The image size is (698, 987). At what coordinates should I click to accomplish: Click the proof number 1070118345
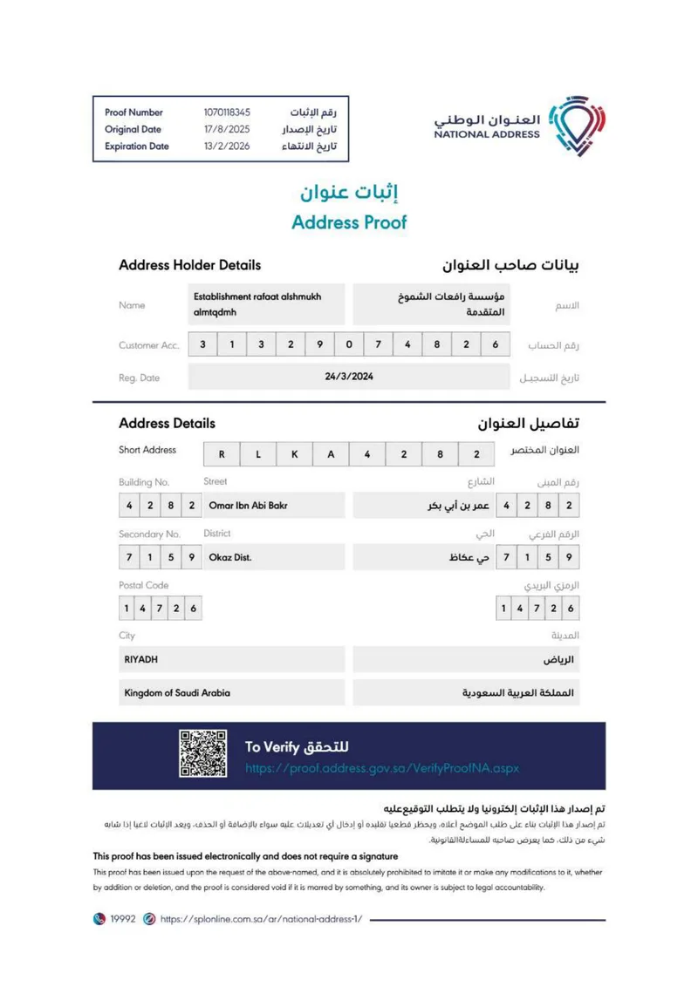(x=227, y=112)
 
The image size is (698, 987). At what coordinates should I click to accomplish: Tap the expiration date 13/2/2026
(x=226, y=146)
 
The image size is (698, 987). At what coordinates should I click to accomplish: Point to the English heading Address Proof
(x=349, y=221)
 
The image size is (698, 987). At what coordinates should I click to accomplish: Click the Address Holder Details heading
(x=189, y=265)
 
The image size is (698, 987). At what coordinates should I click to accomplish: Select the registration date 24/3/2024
(x=348, y=377)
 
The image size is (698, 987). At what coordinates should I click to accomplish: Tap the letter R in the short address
(x=222, y=454)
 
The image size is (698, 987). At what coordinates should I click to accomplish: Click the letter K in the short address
(x=294, y=454)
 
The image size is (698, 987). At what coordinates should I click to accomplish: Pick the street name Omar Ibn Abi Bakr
(x=249, y=506)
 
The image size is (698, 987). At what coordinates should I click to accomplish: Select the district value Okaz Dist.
(x=230, y=557)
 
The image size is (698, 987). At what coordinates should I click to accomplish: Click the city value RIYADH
(x=140, y=659)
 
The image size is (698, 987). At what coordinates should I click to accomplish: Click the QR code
(x=203, y=754)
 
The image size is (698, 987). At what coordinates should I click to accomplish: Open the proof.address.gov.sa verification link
(x=382, y=768)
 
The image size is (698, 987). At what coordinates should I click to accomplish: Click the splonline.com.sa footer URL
(x=261, y=919)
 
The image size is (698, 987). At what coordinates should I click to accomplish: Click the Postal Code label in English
(x=144, y=585)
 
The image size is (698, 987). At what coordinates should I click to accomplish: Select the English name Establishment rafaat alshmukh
(x=257, y=296)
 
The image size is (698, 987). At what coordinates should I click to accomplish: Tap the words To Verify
(x=273, y=747)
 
